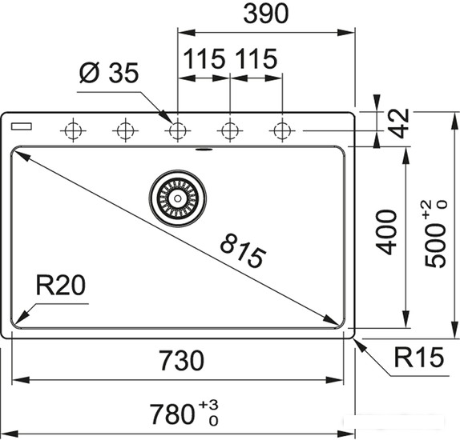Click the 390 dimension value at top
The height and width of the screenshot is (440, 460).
(x=266, y=14)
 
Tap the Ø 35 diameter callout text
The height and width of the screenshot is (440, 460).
(x=108, y=74)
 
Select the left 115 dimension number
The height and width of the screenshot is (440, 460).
(x=204, y=59)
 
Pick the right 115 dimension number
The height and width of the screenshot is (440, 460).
(x=256, y=59)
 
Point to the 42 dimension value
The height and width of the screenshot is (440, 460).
(x=400, y=123)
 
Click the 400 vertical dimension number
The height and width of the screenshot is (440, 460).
(x=386, y=232)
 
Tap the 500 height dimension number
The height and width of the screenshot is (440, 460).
(x=435, y=246)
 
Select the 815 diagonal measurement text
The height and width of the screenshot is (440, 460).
(x=243, y=250)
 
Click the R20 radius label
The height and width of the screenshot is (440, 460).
(x=61, y=285)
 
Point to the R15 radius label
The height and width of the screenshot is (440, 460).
(x=418, y=357)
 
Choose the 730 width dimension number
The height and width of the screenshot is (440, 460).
(x=182, y=360)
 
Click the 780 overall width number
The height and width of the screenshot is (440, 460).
(x=172, y=414)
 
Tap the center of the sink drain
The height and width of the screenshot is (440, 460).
(x=177, y=198)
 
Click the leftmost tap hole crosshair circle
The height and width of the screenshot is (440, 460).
(x=73, y=130)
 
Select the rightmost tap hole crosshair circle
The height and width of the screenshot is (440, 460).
(x=282, y=130)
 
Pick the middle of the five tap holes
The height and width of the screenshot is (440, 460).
(x=178, y=130)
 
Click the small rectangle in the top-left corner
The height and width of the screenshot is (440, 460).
(x=22, y=126)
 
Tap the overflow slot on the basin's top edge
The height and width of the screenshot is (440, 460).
(x=204, y=150)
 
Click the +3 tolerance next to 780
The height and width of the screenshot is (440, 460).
(x=208, y=405)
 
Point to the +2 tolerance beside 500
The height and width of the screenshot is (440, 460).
(x=427, y=210)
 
